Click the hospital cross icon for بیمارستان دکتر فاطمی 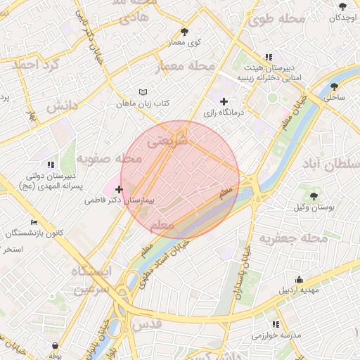pyautogui.click(x=119, y=189)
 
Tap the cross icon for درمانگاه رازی pyautogui.click(x=224, y=102)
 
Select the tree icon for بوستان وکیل pyautogui.click(x=313, y=196)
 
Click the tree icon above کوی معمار pyautogui.click(x=184, y=32)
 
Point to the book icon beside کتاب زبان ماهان pyautogui.click(x=143, y=93)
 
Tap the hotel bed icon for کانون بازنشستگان pyautogui.click(x=34, y=222)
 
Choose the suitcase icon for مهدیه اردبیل pyautogui.click(x=300, y=279)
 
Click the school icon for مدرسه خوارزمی pyautogui.click(x=276, y=325)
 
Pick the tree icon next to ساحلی pyautogui.click(x=335, y=88)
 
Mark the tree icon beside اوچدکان pyautogui.click(x=342, y=6)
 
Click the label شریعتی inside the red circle pyautogui.click(x=168, y=141)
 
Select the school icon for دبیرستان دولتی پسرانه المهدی pyautogui.click(x=49, y=165)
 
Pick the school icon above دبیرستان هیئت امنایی pyautogui.click(x=268, y=57)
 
